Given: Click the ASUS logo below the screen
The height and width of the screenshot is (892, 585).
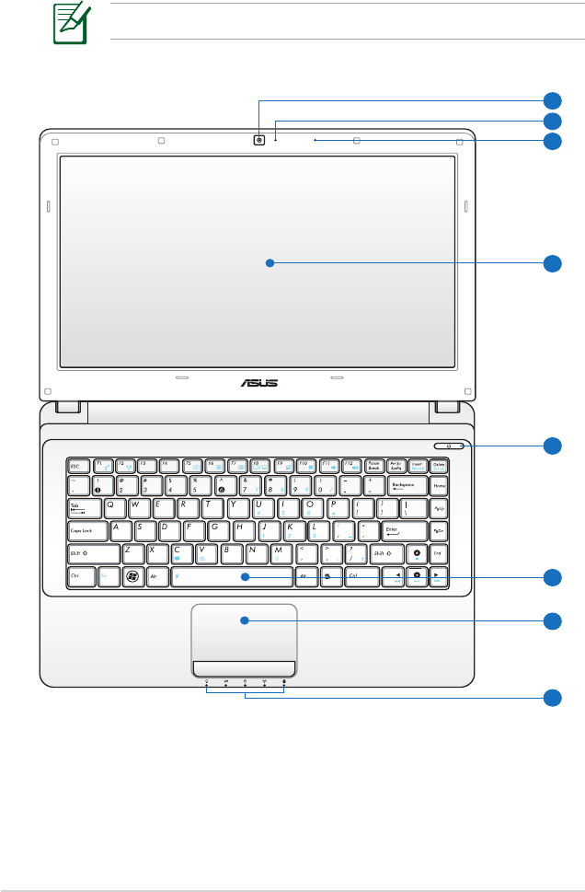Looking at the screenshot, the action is tap(258, 382).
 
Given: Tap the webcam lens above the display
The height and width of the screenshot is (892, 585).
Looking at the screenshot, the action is tap(260, 141).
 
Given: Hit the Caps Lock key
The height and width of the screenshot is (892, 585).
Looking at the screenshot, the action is tap(86, 531).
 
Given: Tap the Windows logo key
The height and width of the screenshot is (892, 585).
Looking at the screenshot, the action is tap(133, 577).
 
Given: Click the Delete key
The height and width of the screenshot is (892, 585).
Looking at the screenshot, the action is tap(440, 466).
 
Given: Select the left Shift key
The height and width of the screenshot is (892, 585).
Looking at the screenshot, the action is tap(94, 554).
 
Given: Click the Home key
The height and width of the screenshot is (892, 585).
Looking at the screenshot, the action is tap(440, 486).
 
